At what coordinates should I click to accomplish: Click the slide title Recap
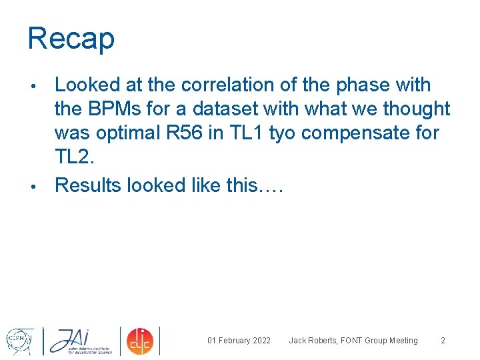pyautogui.click(x=71, y=39)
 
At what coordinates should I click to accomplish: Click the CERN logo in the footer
pyautogui.click(x=19, y=341)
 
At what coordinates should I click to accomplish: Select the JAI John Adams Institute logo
pyautogui.click(x=79, y=341)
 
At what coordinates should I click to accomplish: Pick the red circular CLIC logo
pyautogui.click(x=141, y=341)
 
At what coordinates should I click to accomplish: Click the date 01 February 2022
pyautogui.click(x=239, y=341)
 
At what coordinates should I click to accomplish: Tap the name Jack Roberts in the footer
pyautogui.click(x=313, y=341)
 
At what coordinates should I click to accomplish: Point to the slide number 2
pyautogui.click(x=443, y=341)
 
